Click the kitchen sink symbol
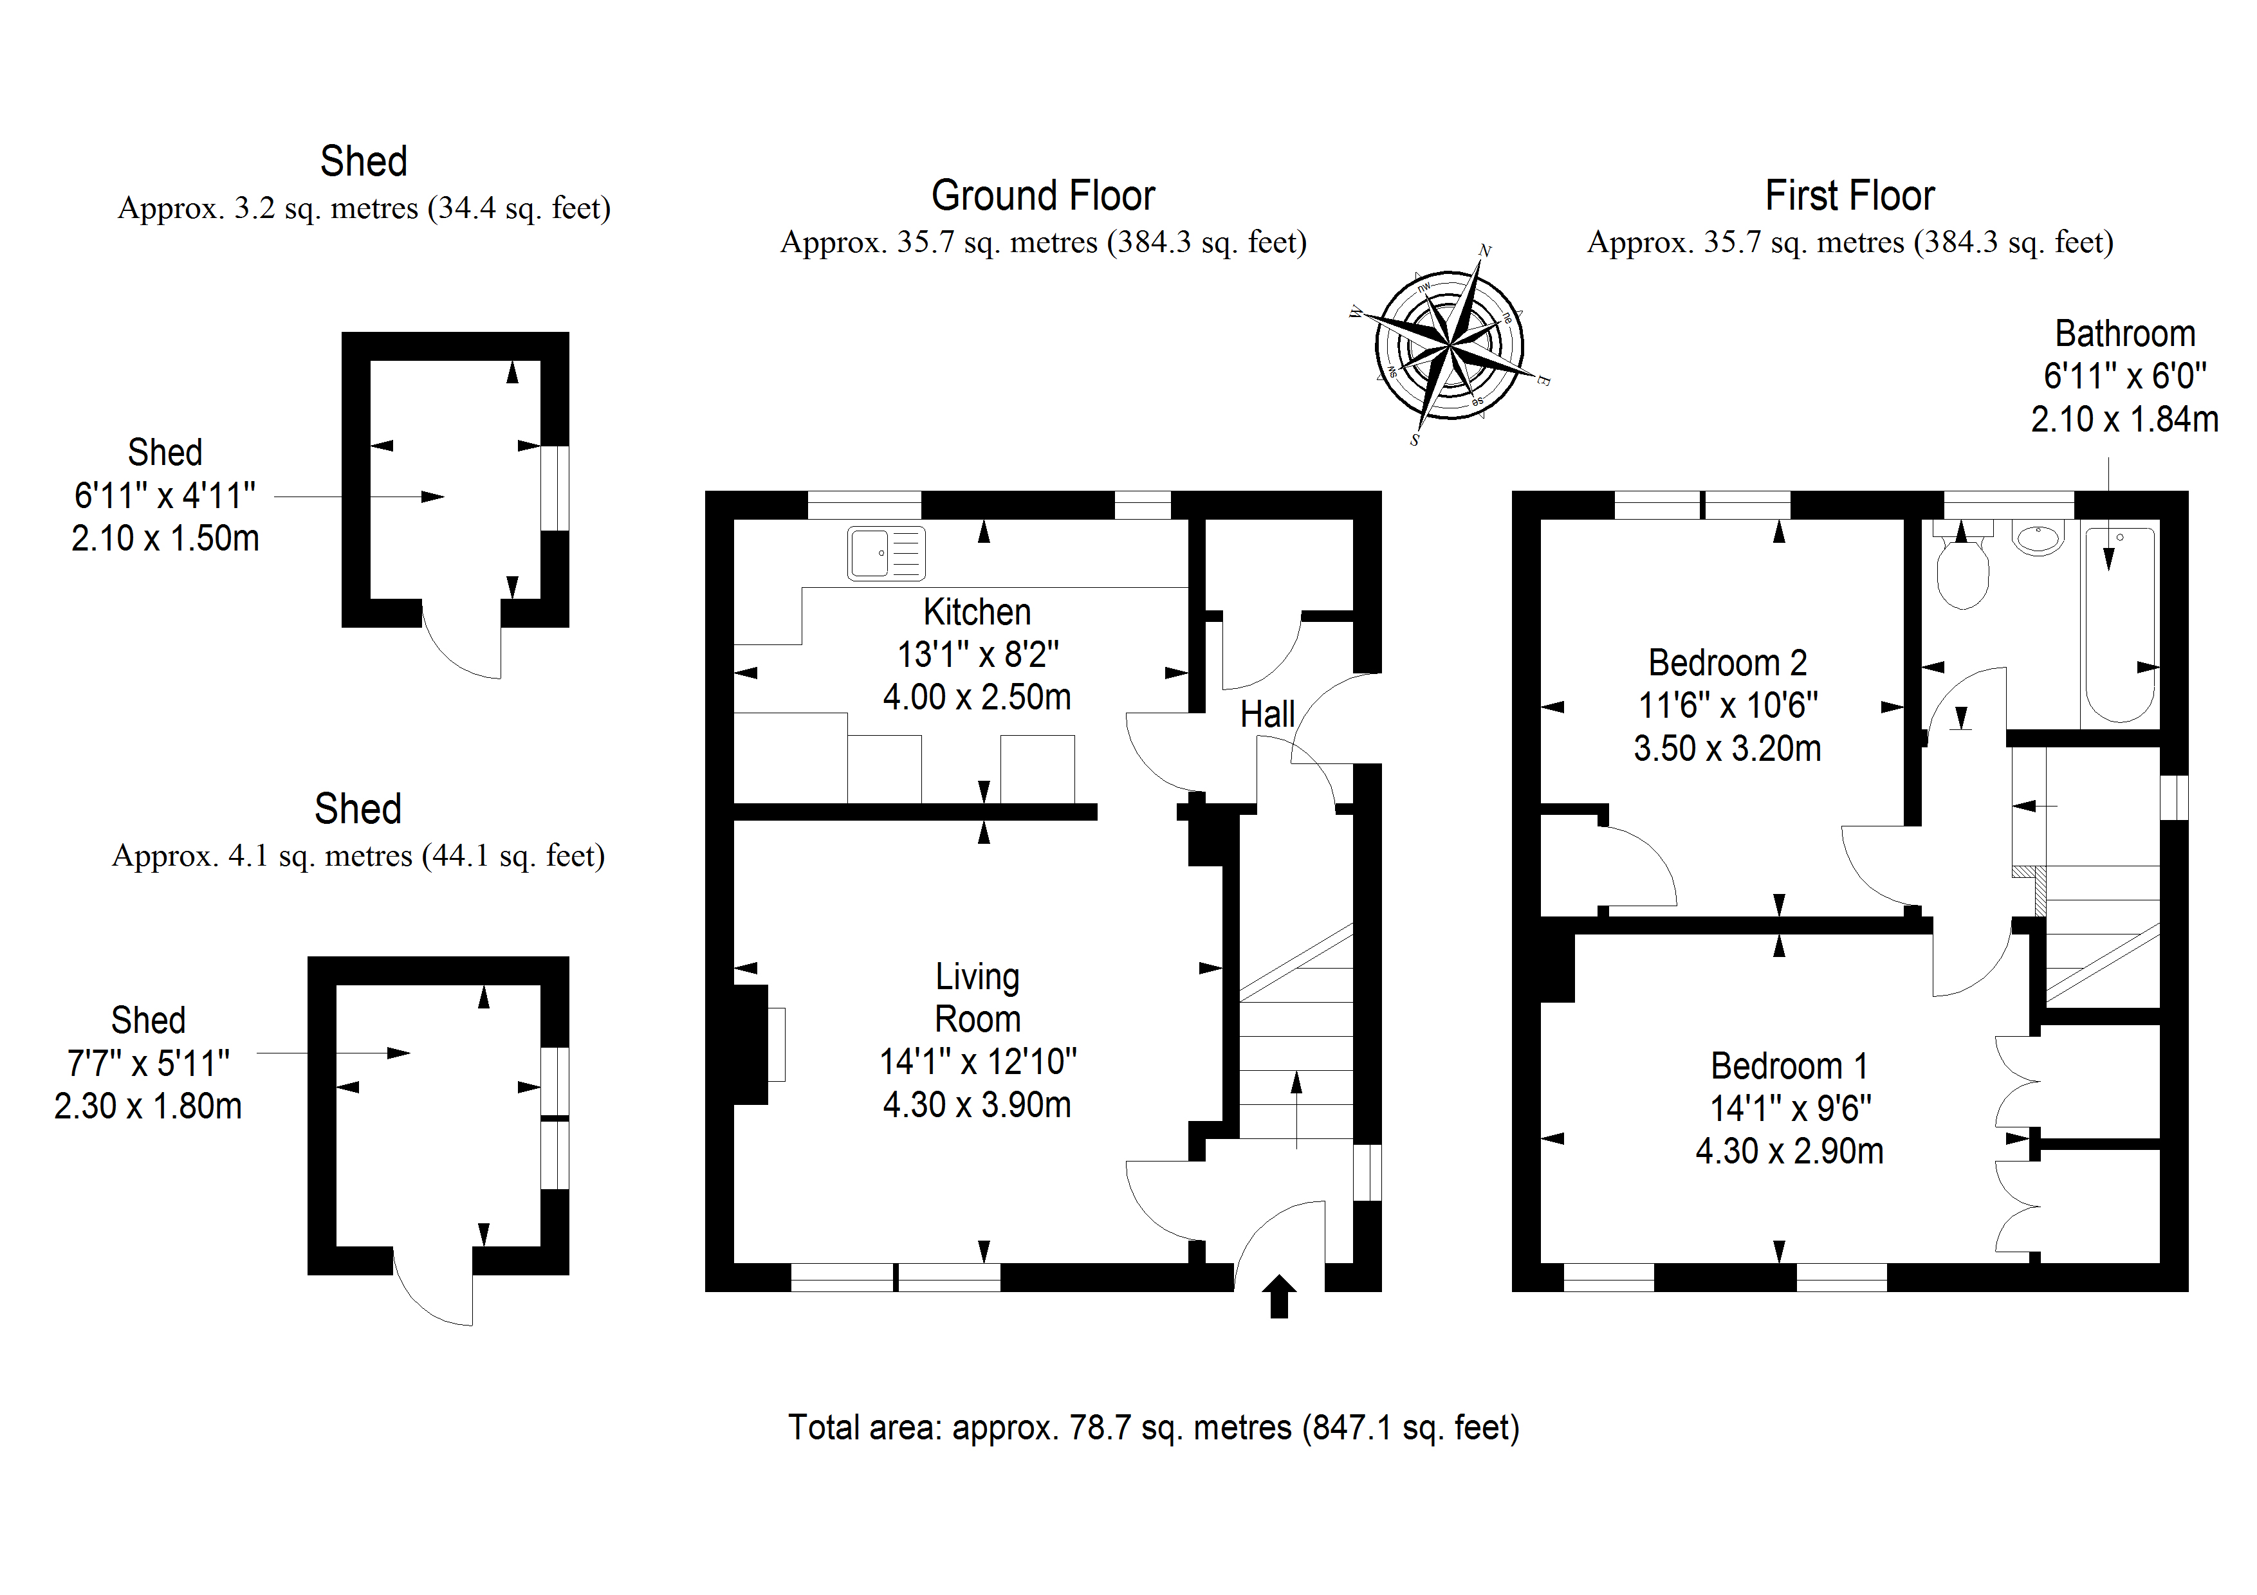tap(886, 553)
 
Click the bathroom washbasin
tap(2038, 538)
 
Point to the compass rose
tap(1449, 346)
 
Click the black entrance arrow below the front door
tap(1279, 1295)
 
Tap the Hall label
tap(1267, 715)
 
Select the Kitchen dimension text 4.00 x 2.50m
tap(976, 697)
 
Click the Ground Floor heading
tap(1043, 196)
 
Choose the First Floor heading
tap(1849, 196)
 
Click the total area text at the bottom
tap(1153, 1427)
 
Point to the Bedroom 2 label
tap(1727, 662)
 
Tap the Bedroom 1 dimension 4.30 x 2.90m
tap(1789, 1151)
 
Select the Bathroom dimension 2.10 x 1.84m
tap(2124, 419)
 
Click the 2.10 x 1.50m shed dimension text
tap(165, 538)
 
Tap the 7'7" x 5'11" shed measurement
tap(149, 1063)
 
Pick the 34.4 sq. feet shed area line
tap(364, 208)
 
